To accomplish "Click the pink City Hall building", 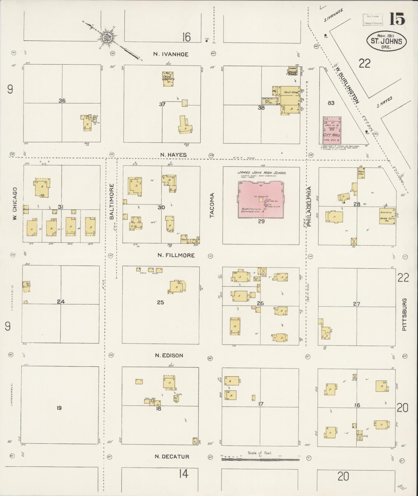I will [x=332, y=130].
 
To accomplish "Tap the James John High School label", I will [x=262, y=173].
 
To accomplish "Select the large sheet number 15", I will [x=397, y=19].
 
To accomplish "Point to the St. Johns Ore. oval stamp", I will [x=386, y=41].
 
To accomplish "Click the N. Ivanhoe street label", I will [x=171, y=54].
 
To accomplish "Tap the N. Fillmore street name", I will [x=176, y=255].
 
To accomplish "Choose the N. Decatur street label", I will [x=172, y=457].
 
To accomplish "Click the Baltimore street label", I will [x=112, y=201].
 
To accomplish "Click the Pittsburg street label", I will [x=405, y=314].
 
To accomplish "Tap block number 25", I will [x=160, y=302].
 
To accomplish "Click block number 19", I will [x=59, y=408].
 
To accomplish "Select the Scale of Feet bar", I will [x=260, y=459].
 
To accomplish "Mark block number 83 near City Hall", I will [x=331, y=103].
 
